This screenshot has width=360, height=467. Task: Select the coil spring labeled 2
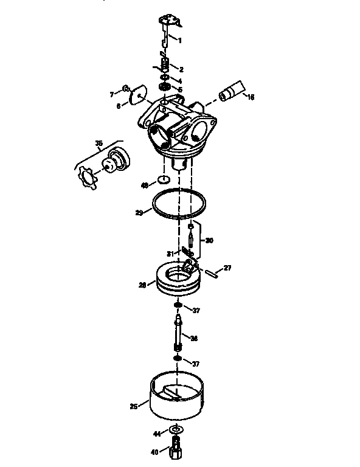[164, 62]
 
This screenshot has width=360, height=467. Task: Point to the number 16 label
[250, 96]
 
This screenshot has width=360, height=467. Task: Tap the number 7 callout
[111, 94]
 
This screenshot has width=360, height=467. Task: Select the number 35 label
[99, 144]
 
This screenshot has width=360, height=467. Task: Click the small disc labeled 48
[163, 179]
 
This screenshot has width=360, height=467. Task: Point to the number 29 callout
[140, 213]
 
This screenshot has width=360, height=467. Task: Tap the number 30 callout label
[209, 240]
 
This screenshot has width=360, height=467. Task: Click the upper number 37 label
[196, 311]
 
